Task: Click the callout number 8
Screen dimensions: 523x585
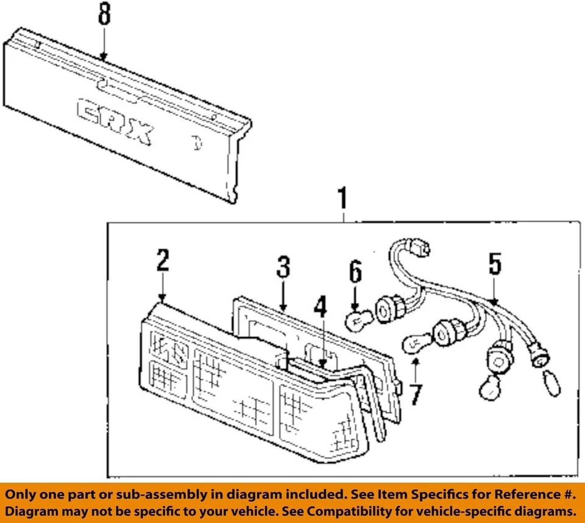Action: pyautogui.click(x=104, y=15)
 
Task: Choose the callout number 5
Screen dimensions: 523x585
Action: pyautogui.click(x=494, y=264)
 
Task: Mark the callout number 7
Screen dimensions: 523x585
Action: pyautogui.click(x=415, y=394)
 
